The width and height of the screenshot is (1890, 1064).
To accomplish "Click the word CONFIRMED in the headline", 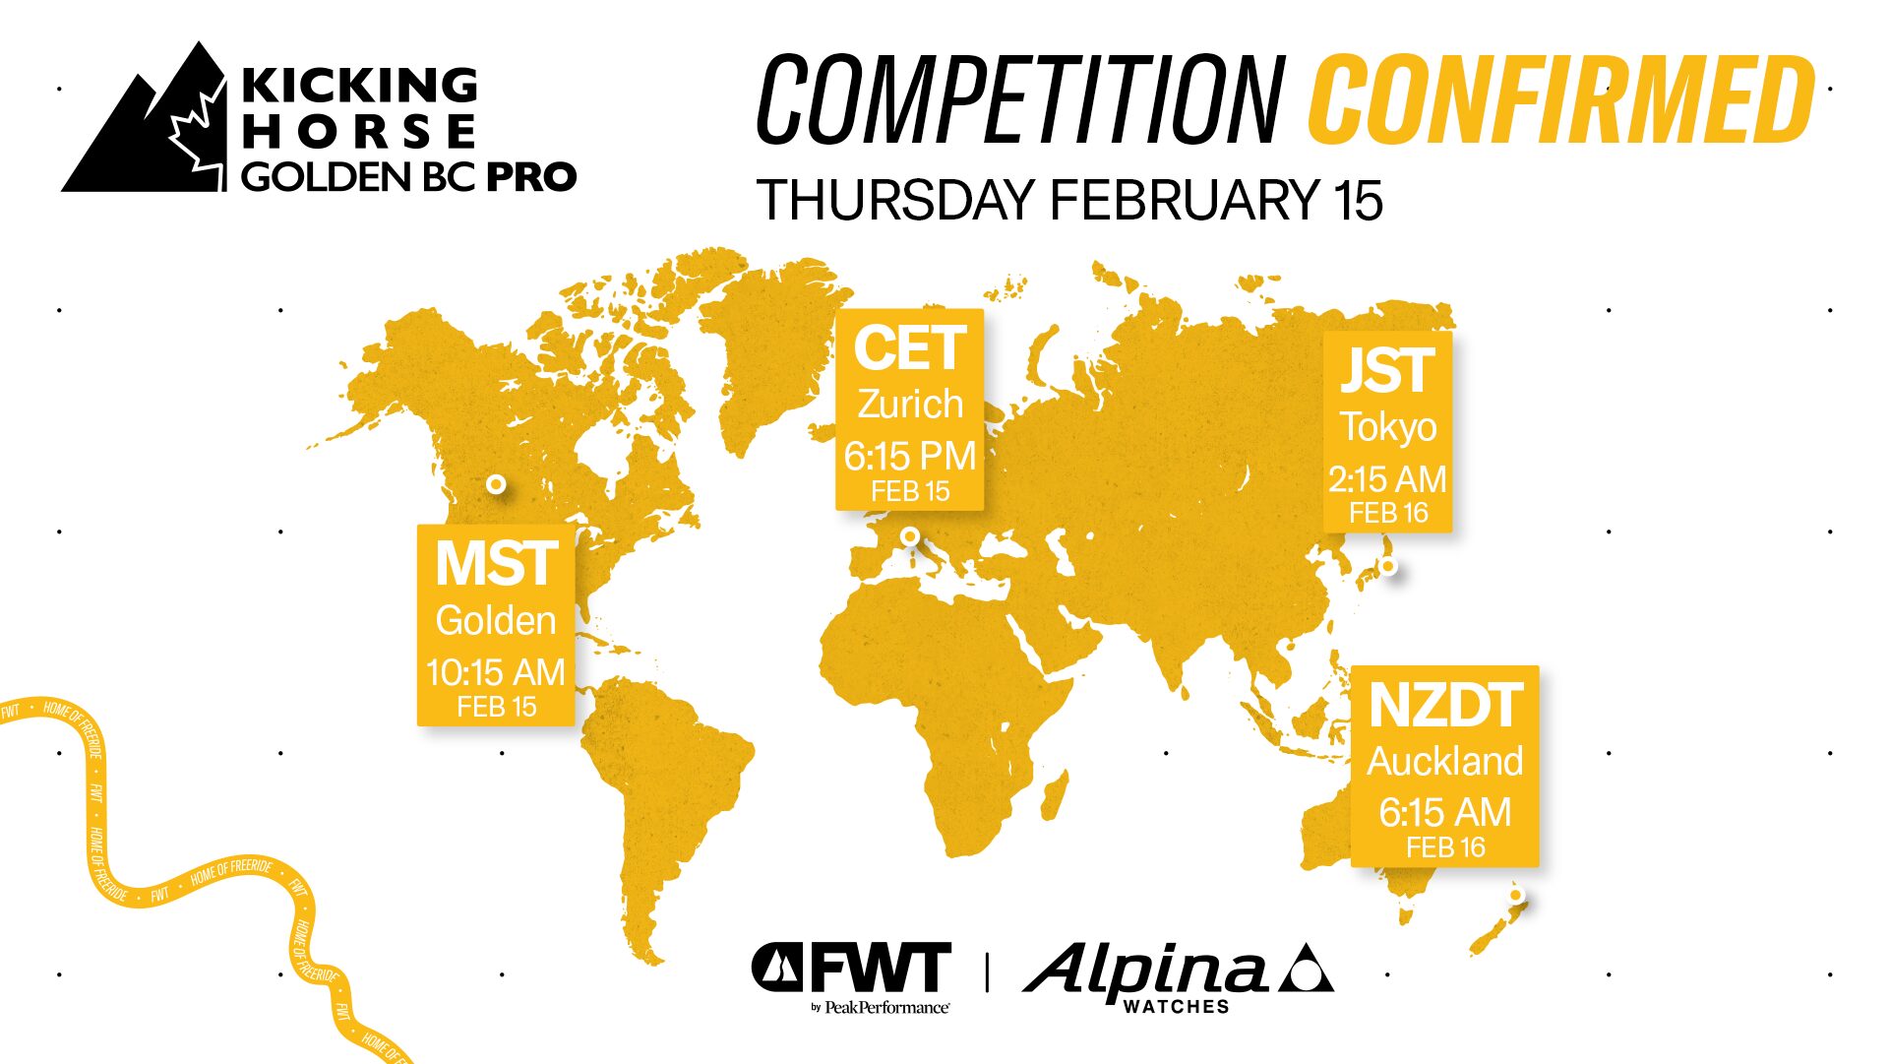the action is [x=1561, y=98].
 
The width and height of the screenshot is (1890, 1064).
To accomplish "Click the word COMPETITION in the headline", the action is [x=1020, y=98].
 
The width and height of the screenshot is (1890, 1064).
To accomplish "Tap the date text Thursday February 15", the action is [x=1069, y=200].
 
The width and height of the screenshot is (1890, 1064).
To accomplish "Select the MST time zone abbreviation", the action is [x=496, y=564].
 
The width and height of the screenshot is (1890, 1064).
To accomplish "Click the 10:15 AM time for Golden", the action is [x=496, y=672].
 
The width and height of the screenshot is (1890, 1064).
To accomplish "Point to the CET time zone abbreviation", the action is [x=909, y=348].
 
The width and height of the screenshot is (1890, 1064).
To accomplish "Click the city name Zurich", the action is [x=910, y=404].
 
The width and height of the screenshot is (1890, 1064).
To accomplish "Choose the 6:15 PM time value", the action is [x=910, y=456].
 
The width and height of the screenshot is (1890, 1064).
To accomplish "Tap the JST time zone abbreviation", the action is [x=1387, y=371].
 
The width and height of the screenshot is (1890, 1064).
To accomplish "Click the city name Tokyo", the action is [x=1388, y=427].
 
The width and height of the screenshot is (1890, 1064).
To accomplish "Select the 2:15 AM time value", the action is [x=1387, y=479].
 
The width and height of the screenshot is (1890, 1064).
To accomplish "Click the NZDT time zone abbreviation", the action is [x=1445, y=706].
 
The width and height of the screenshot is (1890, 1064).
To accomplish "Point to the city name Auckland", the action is [x=1445, y=761].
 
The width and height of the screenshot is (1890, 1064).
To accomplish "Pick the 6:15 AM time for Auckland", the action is [x=1445, y=812].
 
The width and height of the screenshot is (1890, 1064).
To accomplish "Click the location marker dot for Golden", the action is [x=497, y=484].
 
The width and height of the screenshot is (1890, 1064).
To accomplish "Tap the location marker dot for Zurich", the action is [x=911, y=536].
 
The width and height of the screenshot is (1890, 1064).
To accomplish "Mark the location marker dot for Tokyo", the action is [x=1388, y=566].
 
